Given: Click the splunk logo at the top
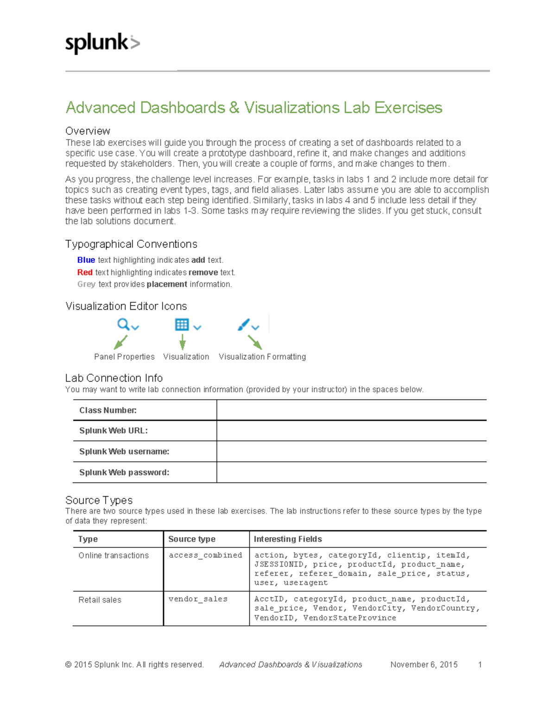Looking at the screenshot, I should point(102,44).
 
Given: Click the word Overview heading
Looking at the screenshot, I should point(88,131).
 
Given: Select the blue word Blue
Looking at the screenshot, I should point(86,260).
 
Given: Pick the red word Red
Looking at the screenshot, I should point(85,272).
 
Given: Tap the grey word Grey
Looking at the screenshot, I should point(86,284).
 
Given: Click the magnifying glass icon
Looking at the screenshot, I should point(123,324).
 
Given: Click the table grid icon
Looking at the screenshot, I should point(182,325).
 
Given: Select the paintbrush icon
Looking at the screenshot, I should point(244,325).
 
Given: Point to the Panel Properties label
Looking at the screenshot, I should point(124,356).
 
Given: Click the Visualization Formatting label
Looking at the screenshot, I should point(262,356).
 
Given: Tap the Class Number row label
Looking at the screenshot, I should point(107,410).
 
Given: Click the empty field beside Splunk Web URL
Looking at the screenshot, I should point(351,431).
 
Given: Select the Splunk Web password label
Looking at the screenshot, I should point(124,472).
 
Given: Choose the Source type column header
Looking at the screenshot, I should point(192,539).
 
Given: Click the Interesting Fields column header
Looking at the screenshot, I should point(288,539).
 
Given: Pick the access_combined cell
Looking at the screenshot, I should point(205,555).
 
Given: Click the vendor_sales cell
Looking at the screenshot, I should point(198,599).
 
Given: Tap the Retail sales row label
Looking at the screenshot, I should point(100,600).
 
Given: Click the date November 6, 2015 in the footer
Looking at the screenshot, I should point(423,664).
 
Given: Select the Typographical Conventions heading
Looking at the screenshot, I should point(131,244).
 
